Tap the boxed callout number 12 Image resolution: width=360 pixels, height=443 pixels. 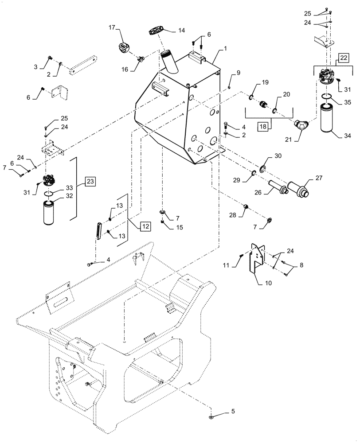145,226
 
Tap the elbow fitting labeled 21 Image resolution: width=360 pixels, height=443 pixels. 301,127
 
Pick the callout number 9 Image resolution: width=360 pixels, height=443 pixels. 238,71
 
